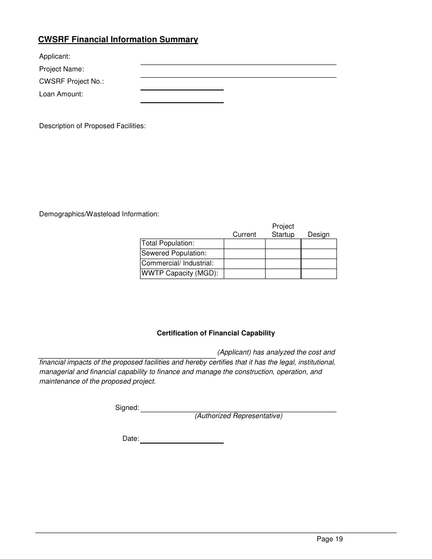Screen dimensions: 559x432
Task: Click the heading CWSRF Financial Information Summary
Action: pyautogui.click(x=118, y=40)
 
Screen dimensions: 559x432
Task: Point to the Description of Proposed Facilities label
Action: pyautogui.click(x=92, y=126)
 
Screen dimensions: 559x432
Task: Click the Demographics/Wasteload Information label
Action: pyautogui.click(x=99, y=214)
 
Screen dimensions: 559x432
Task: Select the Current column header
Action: pyautogui.click(x=244, y=235)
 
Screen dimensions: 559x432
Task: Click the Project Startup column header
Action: pyautogui.click(x=283, y=230)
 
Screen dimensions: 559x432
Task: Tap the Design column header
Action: pyautogui.click(x=318, y=235)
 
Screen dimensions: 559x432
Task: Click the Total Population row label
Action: pyautogui.click(x=168, y=244)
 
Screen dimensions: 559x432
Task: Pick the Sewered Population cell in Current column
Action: pyautogui.click(x=244, y=254)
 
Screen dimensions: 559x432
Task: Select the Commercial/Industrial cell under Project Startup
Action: pyautogui.click(x=283, y=264)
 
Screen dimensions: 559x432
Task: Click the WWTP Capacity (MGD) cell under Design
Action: pyautogui.click(x=318, y=274)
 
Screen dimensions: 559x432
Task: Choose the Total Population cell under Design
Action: pyautogui.click(x=318, y=244)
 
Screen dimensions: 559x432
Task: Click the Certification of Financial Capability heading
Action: pyautogui.click(x=216, y=333)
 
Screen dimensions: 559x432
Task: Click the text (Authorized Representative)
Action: pyautogui.click(x=238, y=416)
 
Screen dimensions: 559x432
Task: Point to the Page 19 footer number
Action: pyautogui.click(x=330, y=539)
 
